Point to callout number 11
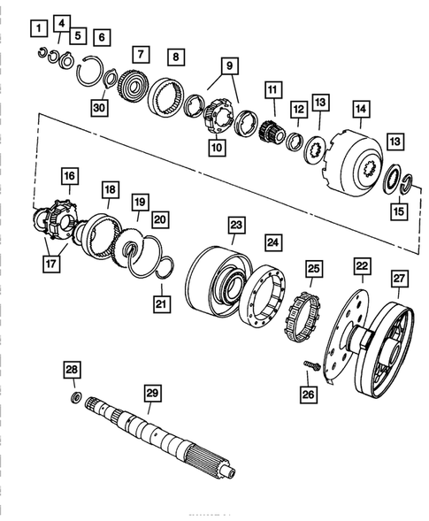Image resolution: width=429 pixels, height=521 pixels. point(271,89)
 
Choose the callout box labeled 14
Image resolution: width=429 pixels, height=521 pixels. point(360,109)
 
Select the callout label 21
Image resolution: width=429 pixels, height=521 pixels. point(160,305)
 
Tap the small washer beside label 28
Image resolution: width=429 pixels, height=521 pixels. point(74,395)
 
